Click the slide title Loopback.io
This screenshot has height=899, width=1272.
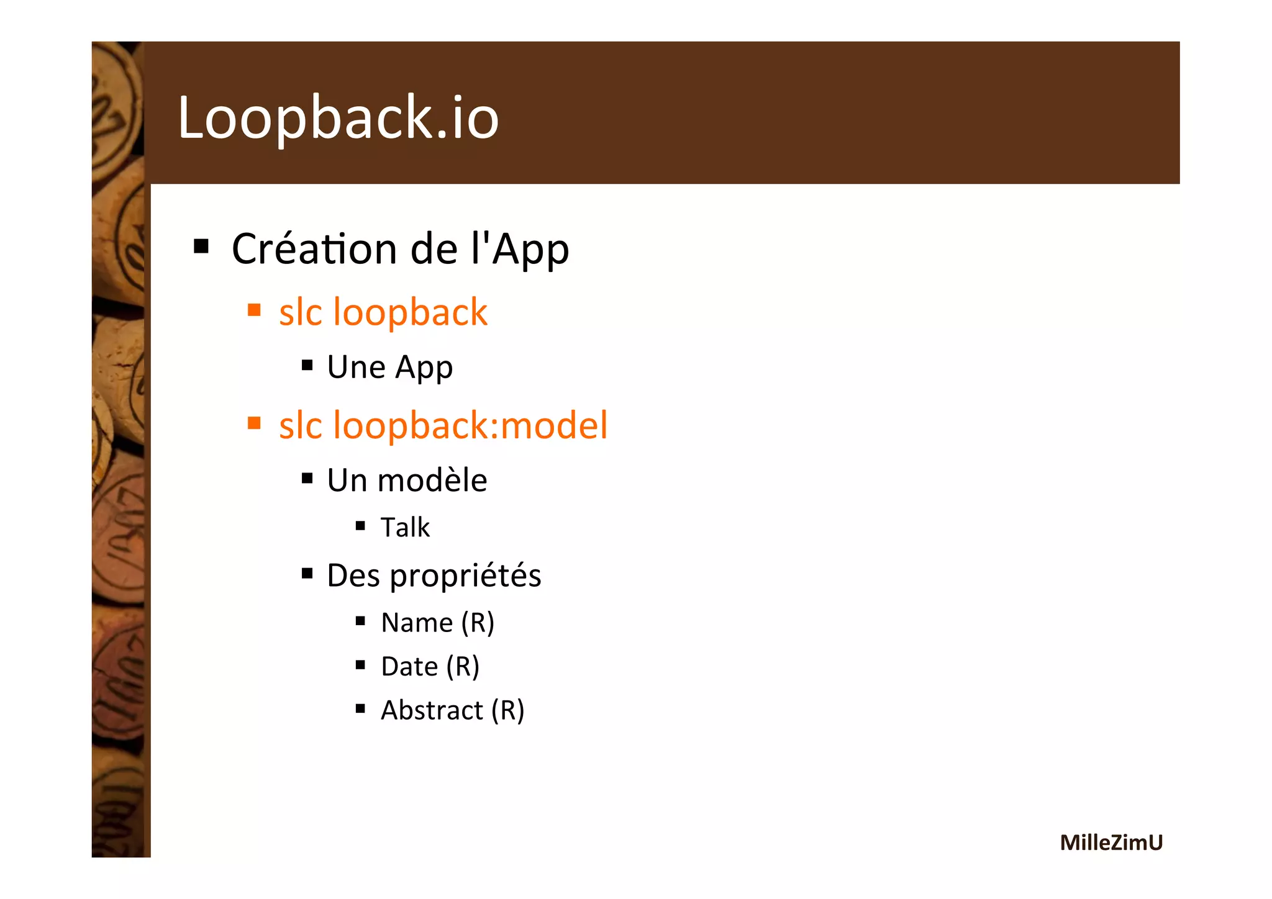pos(338,117)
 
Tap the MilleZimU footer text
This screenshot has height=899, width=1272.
pos(1111,843)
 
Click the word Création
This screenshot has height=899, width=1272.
pos(314,249)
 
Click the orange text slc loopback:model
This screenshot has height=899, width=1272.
pos(443,426)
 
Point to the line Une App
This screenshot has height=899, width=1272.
pos(389,367)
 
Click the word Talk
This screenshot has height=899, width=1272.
pos(405,528)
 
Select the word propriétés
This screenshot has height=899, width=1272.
pos(465,576)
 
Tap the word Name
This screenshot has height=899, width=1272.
pos(417,623)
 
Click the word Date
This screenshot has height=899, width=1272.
pos(409,667)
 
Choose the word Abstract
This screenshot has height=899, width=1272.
pos(432,710)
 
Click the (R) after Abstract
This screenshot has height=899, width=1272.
pos(508,710)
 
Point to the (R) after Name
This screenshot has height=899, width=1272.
pos(478,623)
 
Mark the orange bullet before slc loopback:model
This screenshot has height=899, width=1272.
pos(254,423)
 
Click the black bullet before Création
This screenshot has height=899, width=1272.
pos(201,246)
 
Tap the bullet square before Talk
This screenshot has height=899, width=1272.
pos(360,526)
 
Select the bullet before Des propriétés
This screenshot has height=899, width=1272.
pos(307,573)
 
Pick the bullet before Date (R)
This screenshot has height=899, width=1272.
pos(360,665)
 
